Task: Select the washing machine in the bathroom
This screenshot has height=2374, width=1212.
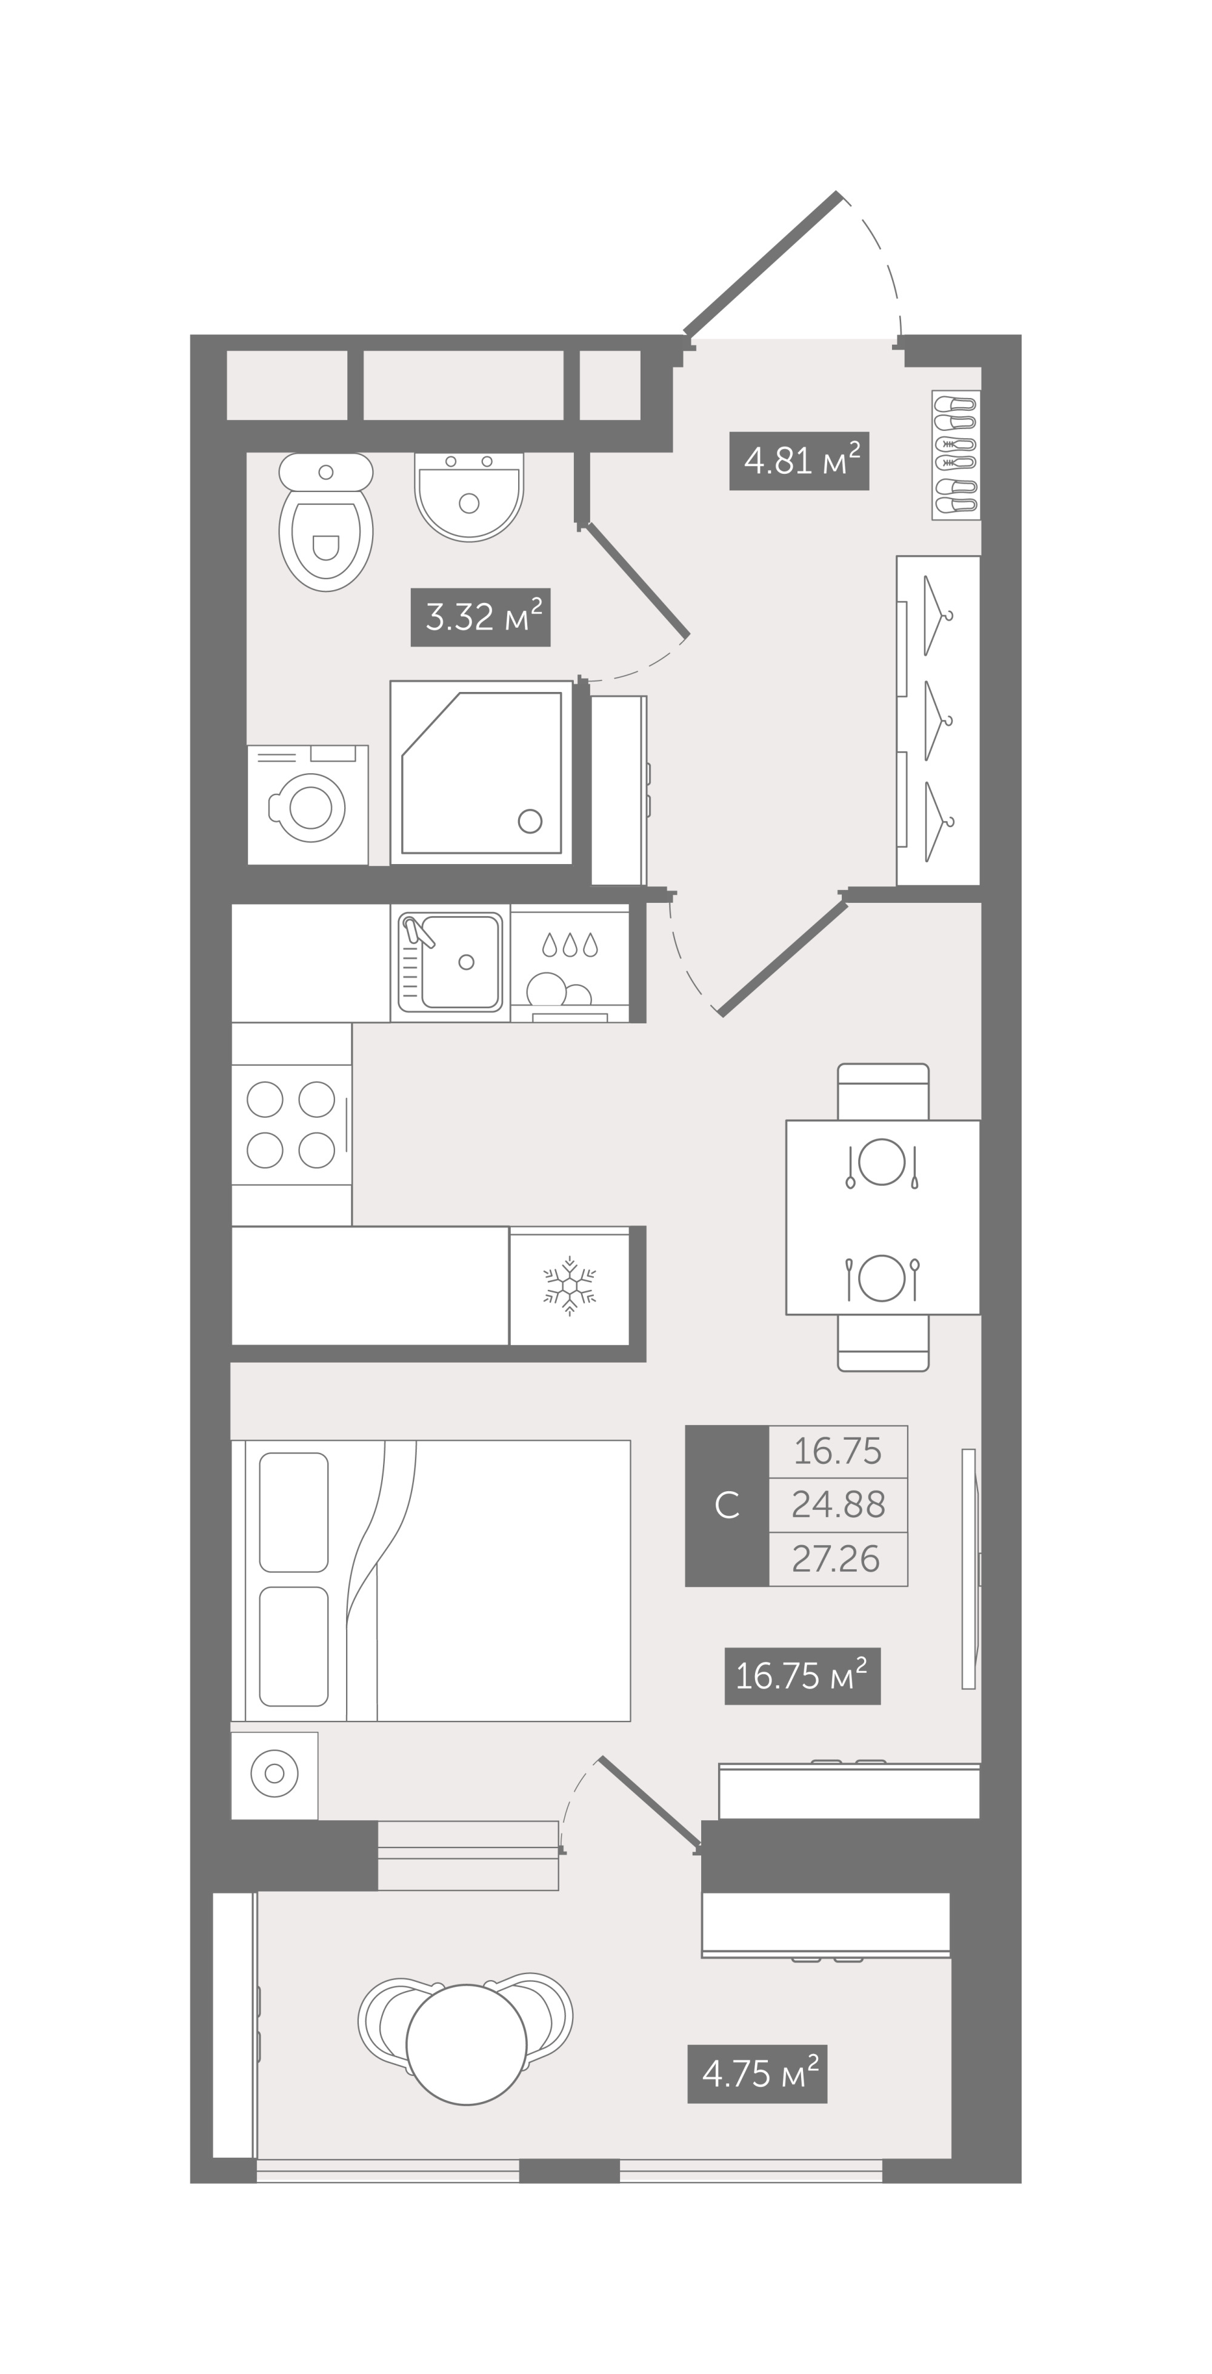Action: [x=308, y=805]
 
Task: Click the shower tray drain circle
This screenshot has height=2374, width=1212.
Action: [x=530, y=820]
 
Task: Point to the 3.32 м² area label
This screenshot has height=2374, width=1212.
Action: [x=480, y=617]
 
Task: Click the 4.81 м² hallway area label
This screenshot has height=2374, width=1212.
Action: [x=799, y=461]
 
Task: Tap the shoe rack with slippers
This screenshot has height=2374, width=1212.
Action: [x=956, y=455]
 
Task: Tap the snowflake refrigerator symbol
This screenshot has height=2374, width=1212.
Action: [x=570, y=1286]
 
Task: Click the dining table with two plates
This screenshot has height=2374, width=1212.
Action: [x=883, y=1217]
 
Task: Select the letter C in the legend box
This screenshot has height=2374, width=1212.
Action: [x=727, y=1506]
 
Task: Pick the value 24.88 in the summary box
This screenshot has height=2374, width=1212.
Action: [x=838, y=1505]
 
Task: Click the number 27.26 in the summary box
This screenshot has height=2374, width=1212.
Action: [x=836, y=1559]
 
